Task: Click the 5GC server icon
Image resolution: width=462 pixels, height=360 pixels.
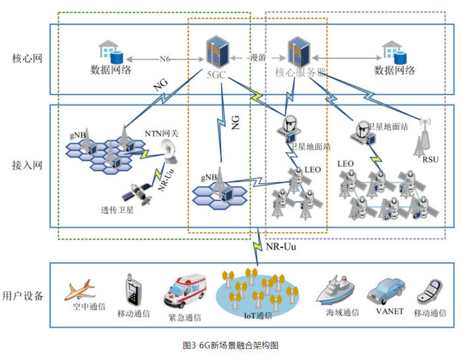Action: click(216, 51)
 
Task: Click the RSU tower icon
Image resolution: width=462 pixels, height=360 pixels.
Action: click(424, 135)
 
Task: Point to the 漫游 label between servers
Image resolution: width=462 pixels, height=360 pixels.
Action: click(257, 57)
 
